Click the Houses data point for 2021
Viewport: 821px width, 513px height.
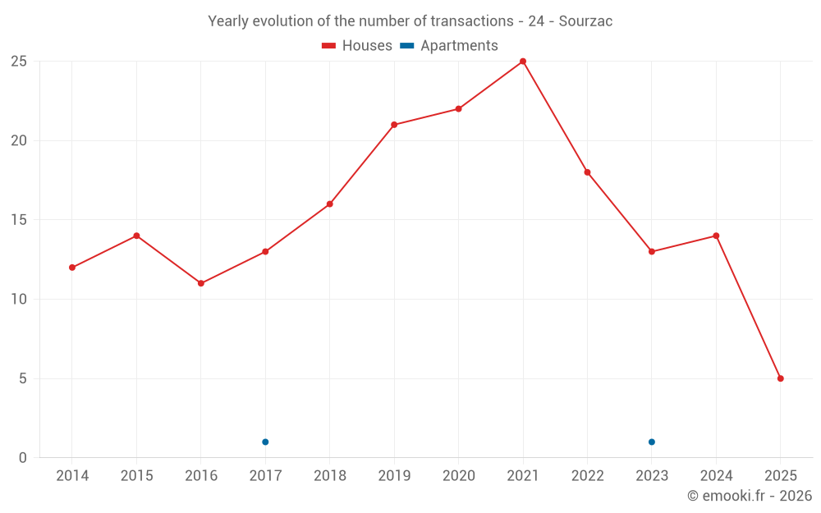point(523,62)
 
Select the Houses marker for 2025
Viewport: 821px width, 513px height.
point(781,378)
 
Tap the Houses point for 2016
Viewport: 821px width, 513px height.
point(201,283)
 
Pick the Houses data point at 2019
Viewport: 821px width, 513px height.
point(394,125)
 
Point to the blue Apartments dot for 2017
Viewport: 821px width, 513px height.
point(265,442)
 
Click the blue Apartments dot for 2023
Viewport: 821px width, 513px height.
point(652,442)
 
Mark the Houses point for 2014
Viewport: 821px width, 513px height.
point(72,268)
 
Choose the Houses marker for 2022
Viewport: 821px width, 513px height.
point(587,172)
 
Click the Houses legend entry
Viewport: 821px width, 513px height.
point(357,46)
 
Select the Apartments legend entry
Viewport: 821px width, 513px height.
point(450,46)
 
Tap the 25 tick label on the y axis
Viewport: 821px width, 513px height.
point(19,62)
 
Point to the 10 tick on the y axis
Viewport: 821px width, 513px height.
point(19,300)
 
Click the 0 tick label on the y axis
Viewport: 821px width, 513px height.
point(23,458)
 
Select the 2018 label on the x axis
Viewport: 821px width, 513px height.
point(329,476)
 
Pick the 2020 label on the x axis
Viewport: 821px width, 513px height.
point(458,476)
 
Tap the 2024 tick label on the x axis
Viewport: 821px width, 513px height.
point(716,476)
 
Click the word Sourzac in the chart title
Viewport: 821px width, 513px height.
point(585,21)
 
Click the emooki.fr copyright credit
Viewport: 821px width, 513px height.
point(750,496)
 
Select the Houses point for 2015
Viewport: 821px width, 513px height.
point(136,236)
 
